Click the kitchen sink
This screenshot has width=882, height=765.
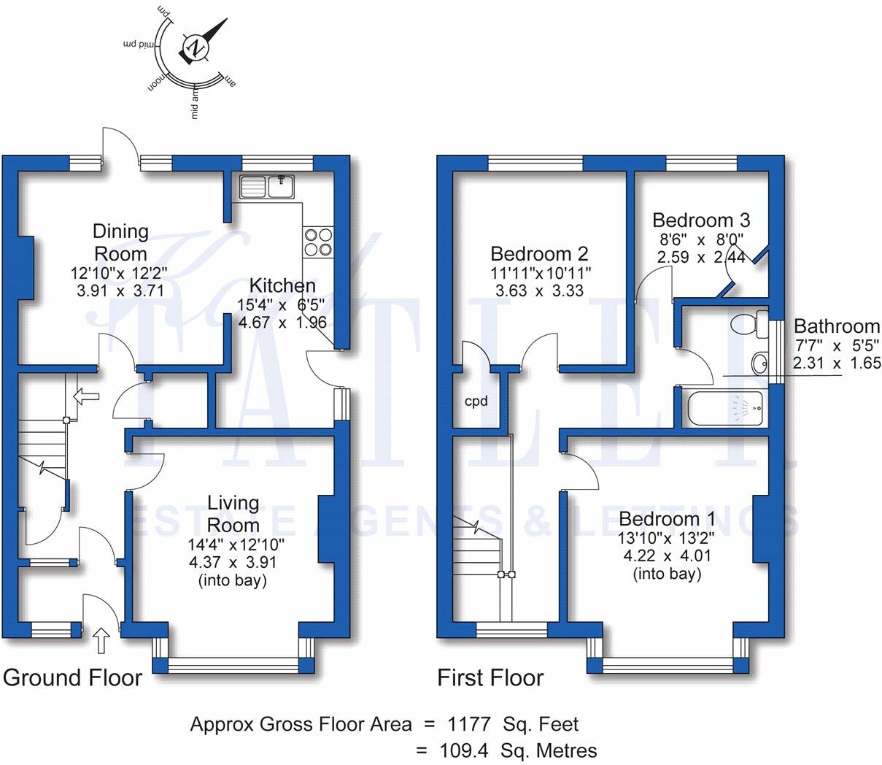[267, 187]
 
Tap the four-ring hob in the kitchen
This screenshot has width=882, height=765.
[318, 242]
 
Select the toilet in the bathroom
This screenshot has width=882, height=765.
[749, 325]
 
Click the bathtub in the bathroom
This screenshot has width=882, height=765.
[725, 409]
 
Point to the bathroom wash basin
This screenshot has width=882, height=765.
[760, 364]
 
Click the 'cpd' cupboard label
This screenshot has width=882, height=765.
[476, 401]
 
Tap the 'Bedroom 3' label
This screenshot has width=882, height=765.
[701, 220]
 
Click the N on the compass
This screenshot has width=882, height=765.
[196, 47]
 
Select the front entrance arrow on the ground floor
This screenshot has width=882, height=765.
[101, 640]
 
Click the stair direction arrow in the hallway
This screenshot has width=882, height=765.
[86, 396]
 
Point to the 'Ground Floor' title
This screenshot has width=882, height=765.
[72, 678]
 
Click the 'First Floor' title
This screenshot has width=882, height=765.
[491, 678]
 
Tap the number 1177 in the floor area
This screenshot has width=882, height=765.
[469, 724]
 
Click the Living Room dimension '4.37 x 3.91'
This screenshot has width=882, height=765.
[233, 562]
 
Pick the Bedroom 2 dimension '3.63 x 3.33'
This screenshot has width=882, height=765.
[539, 291]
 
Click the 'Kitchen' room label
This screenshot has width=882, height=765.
[282, 285]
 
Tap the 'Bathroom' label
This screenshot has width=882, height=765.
[837, 326]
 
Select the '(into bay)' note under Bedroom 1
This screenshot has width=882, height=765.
[668, 574]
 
